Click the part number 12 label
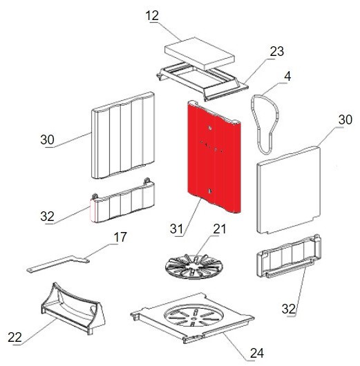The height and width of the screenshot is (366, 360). point(152,16)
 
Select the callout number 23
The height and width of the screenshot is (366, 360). point(277,51)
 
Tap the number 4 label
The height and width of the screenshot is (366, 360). point(287,77)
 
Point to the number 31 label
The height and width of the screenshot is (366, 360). point(176,229)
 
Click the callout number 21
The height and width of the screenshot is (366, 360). point(220,229)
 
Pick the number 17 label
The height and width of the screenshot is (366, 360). point(120,237)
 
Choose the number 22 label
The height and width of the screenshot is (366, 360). point(15,337)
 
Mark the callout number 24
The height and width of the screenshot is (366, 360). point(257,353)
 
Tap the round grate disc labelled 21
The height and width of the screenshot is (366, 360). point(193,267)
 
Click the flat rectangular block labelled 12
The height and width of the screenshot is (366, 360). point(200,53)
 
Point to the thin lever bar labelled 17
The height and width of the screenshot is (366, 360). point(58,263)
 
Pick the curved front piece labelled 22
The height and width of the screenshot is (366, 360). point(73,308)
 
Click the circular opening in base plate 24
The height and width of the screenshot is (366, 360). point(193,316)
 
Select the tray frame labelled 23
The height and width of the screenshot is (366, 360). point(202,81)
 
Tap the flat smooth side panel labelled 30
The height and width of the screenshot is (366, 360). point(289,189)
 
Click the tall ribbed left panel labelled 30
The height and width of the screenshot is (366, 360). point(123,135)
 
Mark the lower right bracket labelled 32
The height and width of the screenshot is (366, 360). point(289,256)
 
